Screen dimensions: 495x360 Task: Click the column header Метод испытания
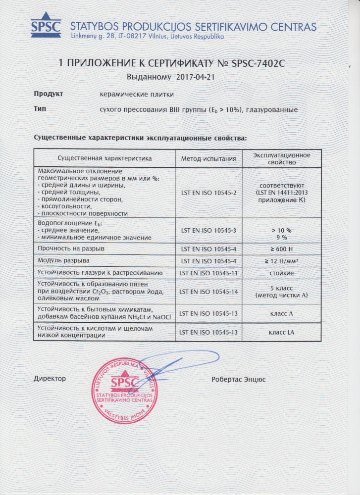tap(208, 158)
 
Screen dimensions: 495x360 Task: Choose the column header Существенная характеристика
tap(104, 158)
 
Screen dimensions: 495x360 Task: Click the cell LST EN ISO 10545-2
tap(208, 192)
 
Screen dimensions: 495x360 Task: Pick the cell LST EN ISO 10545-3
tap(208, 231)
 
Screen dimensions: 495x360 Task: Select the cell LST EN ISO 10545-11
tap(208, 273)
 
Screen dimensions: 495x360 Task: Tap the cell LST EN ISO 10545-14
tap(208, 292)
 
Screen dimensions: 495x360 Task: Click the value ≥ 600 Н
tap(281, 247)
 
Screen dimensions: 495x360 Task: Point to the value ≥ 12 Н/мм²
tap(281, 260)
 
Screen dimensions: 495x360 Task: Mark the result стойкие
tap(281, 273)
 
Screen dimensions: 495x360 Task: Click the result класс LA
tap(281, 332)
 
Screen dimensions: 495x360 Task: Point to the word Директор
tap(50, 379)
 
